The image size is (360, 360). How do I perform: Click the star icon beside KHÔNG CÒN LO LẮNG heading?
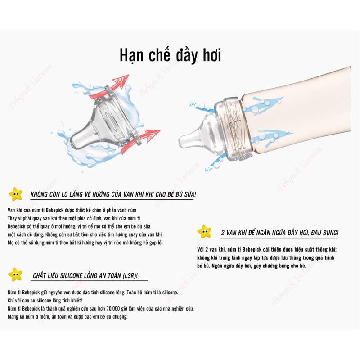click(16, 194)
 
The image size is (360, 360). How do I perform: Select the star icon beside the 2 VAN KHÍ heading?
click(204, 232)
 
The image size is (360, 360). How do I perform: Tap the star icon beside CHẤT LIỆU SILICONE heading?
click(16, 274)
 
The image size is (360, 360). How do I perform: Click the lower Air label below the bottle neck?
click(209, 170)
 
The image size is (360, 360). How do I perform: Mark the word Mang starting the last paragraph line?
click(13, 316)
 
